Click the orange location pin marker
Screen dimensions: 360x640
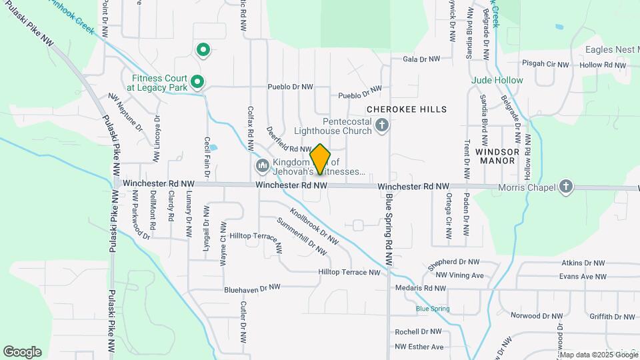click(x=320, y=159)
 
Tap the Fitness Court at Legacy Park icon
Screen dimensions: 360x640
click(x=197, y=82)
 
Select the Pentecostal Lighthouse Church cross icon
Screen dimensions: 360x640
click(x=382, y=125)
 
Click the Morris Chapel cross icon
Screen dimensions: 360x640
click(x=566, y=187)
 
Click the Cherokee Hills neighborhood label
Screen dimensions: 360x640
click(x=407, y=109)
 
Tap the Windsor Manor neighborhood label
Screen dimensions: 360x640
click(x=497, y=156)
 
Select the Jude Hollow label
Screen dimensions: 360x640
click(x=497, y=80)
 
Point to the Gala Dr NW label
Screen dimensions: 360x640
click(x=421, y=59)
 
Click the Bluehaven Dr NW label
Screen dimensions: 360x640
click(x=252, y=288)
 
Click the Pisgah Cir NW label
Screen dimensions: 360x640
click(x=545, y=65)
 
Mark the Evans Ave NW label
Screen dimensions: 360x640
click(x=583, y=276)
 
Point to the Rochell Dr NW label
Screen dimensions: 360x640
click(x=418, y=331)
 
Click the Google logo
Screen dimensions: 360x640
click(x=22, y=351)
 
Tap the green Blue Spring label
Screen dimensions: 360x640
click(x=433, y=309)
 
